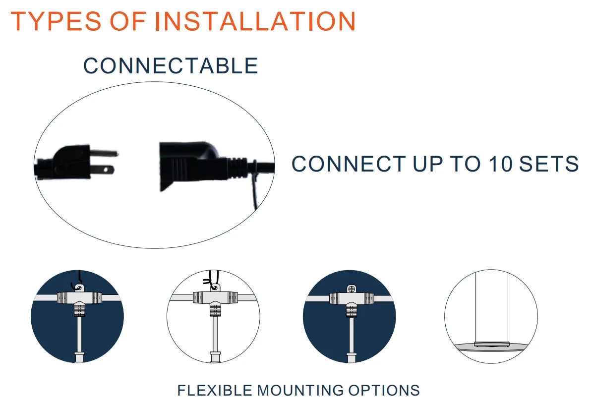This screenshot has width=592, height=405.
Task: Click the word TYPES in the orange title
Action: point(56,21)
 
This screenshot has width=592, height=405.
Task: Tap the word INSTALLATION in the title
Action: point(256,21)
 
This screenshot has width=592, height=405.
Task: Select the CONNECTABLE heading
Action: point(171,65)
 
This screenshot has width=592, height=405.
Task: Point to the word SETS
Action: point(549,164)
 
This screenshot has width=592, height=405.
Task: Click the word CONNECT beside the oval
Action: point(349,164)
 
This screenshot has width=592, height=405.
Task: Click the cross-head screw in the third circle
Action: point(352,289)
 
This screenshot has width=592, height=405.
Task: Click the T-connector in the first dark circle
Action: point(79,302)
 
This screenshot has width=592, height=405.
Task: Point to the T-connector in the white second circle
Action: point(215,302)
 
